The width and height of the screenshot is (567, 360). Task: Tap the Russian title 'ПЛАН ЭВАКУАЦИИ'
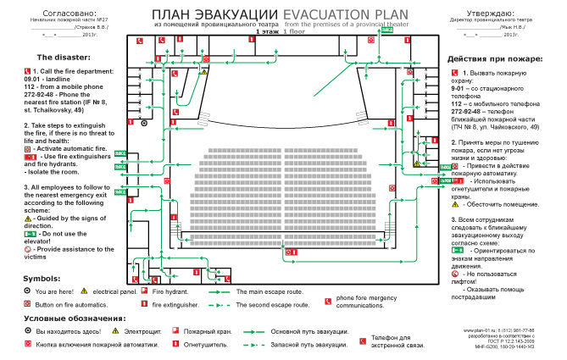pyautogui.click(x=216, y=15)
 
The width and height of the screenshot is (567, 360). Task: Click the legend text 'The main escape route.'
pyautogui.click(x=270, y=291)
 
